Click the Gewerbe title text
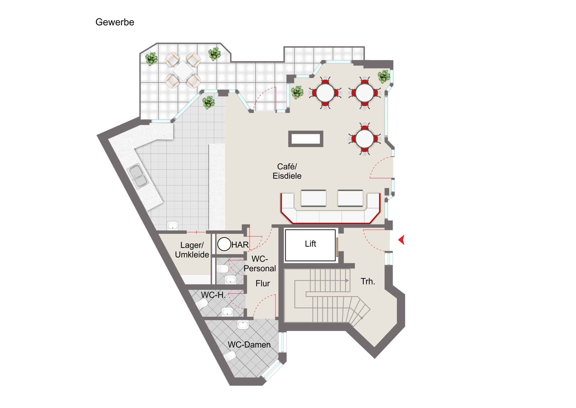tap(115, 22)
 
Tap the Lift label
tap(310, 244)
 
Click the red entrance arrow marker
tap(401, 240)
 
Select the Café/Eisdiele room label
tap(287, 171)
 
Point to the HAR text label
tap(240, 245)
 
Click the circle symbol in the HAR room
tap(224, 244)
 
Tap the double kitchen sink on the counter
tap(138, 176)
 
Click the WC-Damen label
tap(249, 345)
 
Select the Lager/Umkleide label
tap(192, 250)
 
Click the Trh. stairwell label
tap(368, 281)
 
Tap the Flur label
tap(263, 283)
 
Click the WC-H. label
tap(213, 295)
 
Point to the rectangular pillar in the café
tap(306, 139)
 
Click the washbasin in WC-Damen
tap(243, 324)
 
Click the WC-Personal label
tap(260, 264)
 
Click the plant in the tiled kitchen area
tap(208, 102)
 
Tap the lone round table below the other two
tap(364, 139)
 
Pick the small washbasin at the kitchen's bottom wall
tap(173, 226)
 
